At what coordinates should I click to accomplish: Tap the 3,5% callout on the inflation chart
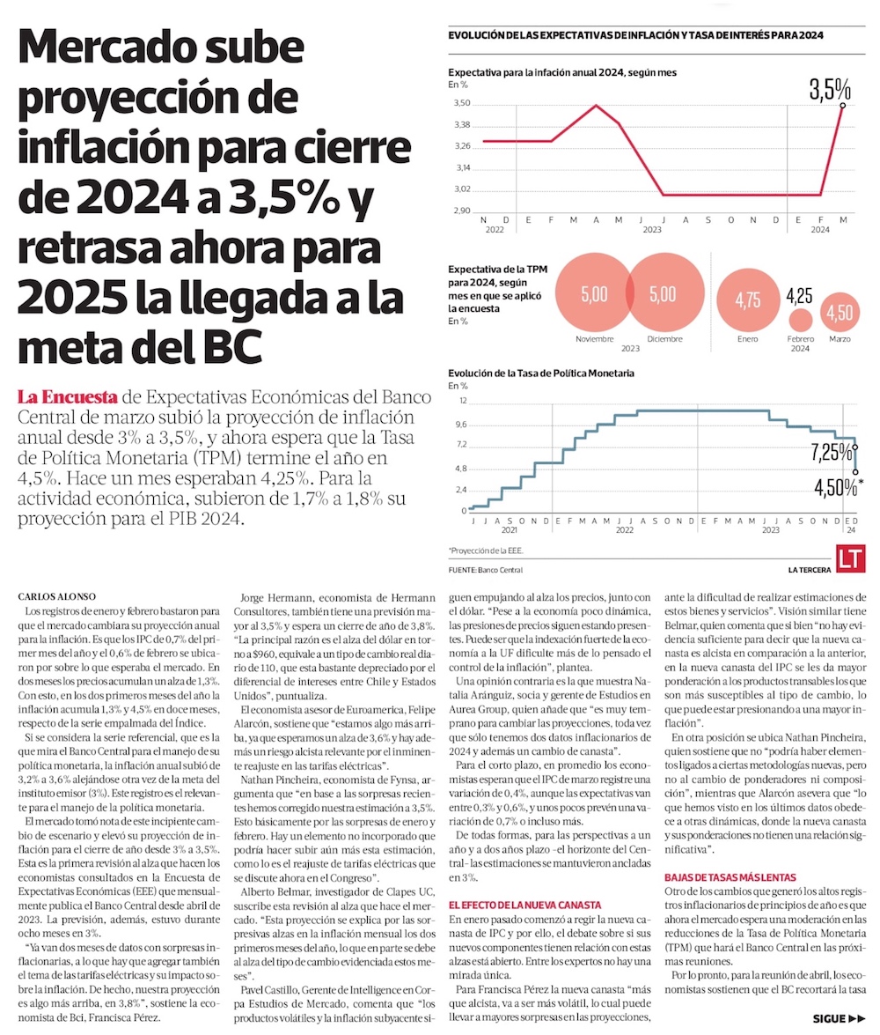(x=831, y=89)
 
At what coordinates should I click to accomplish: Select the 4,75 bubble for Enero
(x=748, y=299)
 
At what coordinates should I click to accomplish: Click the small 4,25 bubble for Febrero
(x=800, y=321)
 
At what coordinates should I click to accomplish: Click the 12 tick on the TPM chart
(x=462, y=401)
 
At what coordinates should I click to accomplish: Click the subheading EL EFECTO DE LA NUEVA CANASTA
(x=524, y=905)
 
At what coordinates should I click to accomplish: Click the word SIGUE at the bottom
(x=829, y=1019)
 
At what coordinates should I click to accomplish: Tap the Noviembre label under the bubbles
(x=595, y=339)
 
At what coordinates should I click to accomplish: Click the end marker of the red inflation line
(x=843, y=106)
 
